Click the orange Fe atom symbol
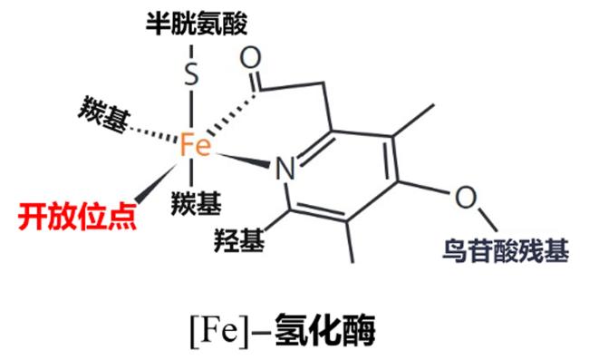point(196,145)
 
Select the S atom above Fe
point(191,73)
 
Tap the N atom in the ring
point(285,168)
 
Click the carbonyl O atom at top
point(250,58)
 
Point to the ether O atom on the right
point(466,197)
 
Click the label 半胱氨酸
point(197,24)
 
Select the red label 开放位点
point(77,217)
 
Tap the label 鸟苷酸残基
point(506,250)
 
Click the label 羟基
point(239,239)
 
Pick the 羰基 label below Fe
point(196,203)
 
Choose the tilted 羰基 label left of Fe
point(103,114)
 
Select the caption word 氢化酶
point(325,331)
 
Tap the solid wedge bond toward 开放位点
point(155,184)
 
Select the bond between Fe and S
point(191,109)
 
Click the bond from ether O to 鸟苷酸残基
point(488,219)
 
